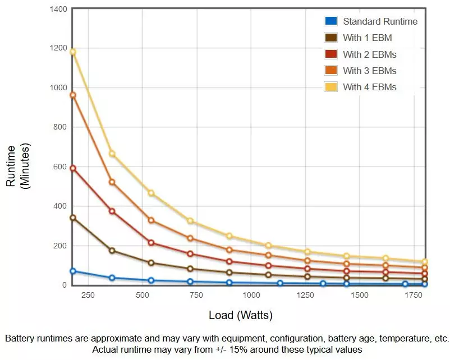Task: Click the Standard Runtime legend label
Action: click(380, 21)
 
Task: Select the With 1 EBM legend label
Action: click(367, 38)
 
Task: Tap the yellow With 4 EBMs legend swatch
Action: click(330, 87)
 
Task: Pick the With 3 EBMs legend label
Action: click(369, 71)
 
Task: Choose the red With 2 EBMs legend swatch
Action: click(330, 54)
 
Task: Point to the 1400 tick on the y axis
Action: click(58, 10)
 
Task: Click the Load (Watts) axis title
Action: click(241, 315)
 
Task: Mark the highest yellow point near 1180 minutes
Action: click(72, 52)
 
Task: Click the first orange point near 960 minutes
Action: click(72, 95)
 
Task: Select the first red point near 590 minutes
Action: click(72, 168)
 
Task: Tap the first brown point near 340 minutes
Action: click(72, 218)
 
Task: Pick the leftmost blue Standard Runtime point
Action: click(72, 271)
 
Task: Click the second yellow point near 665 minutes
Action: click(112, 154)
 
